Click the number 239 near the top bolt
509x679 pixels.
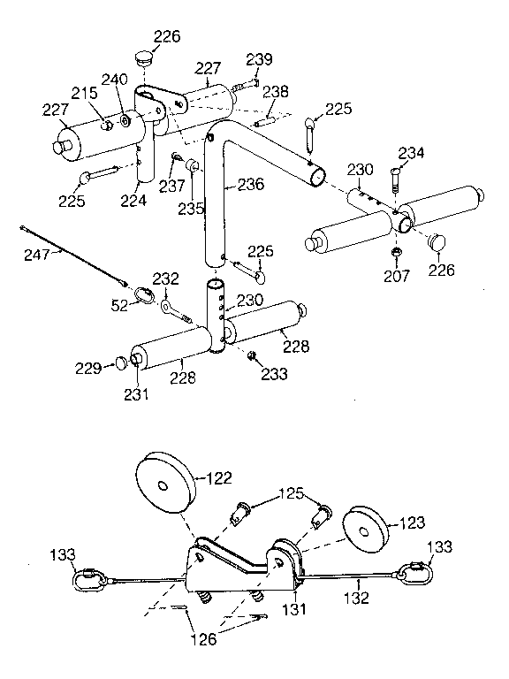coord(259,59)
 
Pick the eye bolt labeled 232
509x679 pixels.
coord(167,306)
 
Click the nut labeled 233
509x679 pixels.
coord(252,356)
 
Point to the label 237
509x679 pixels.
coord(171,187)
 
